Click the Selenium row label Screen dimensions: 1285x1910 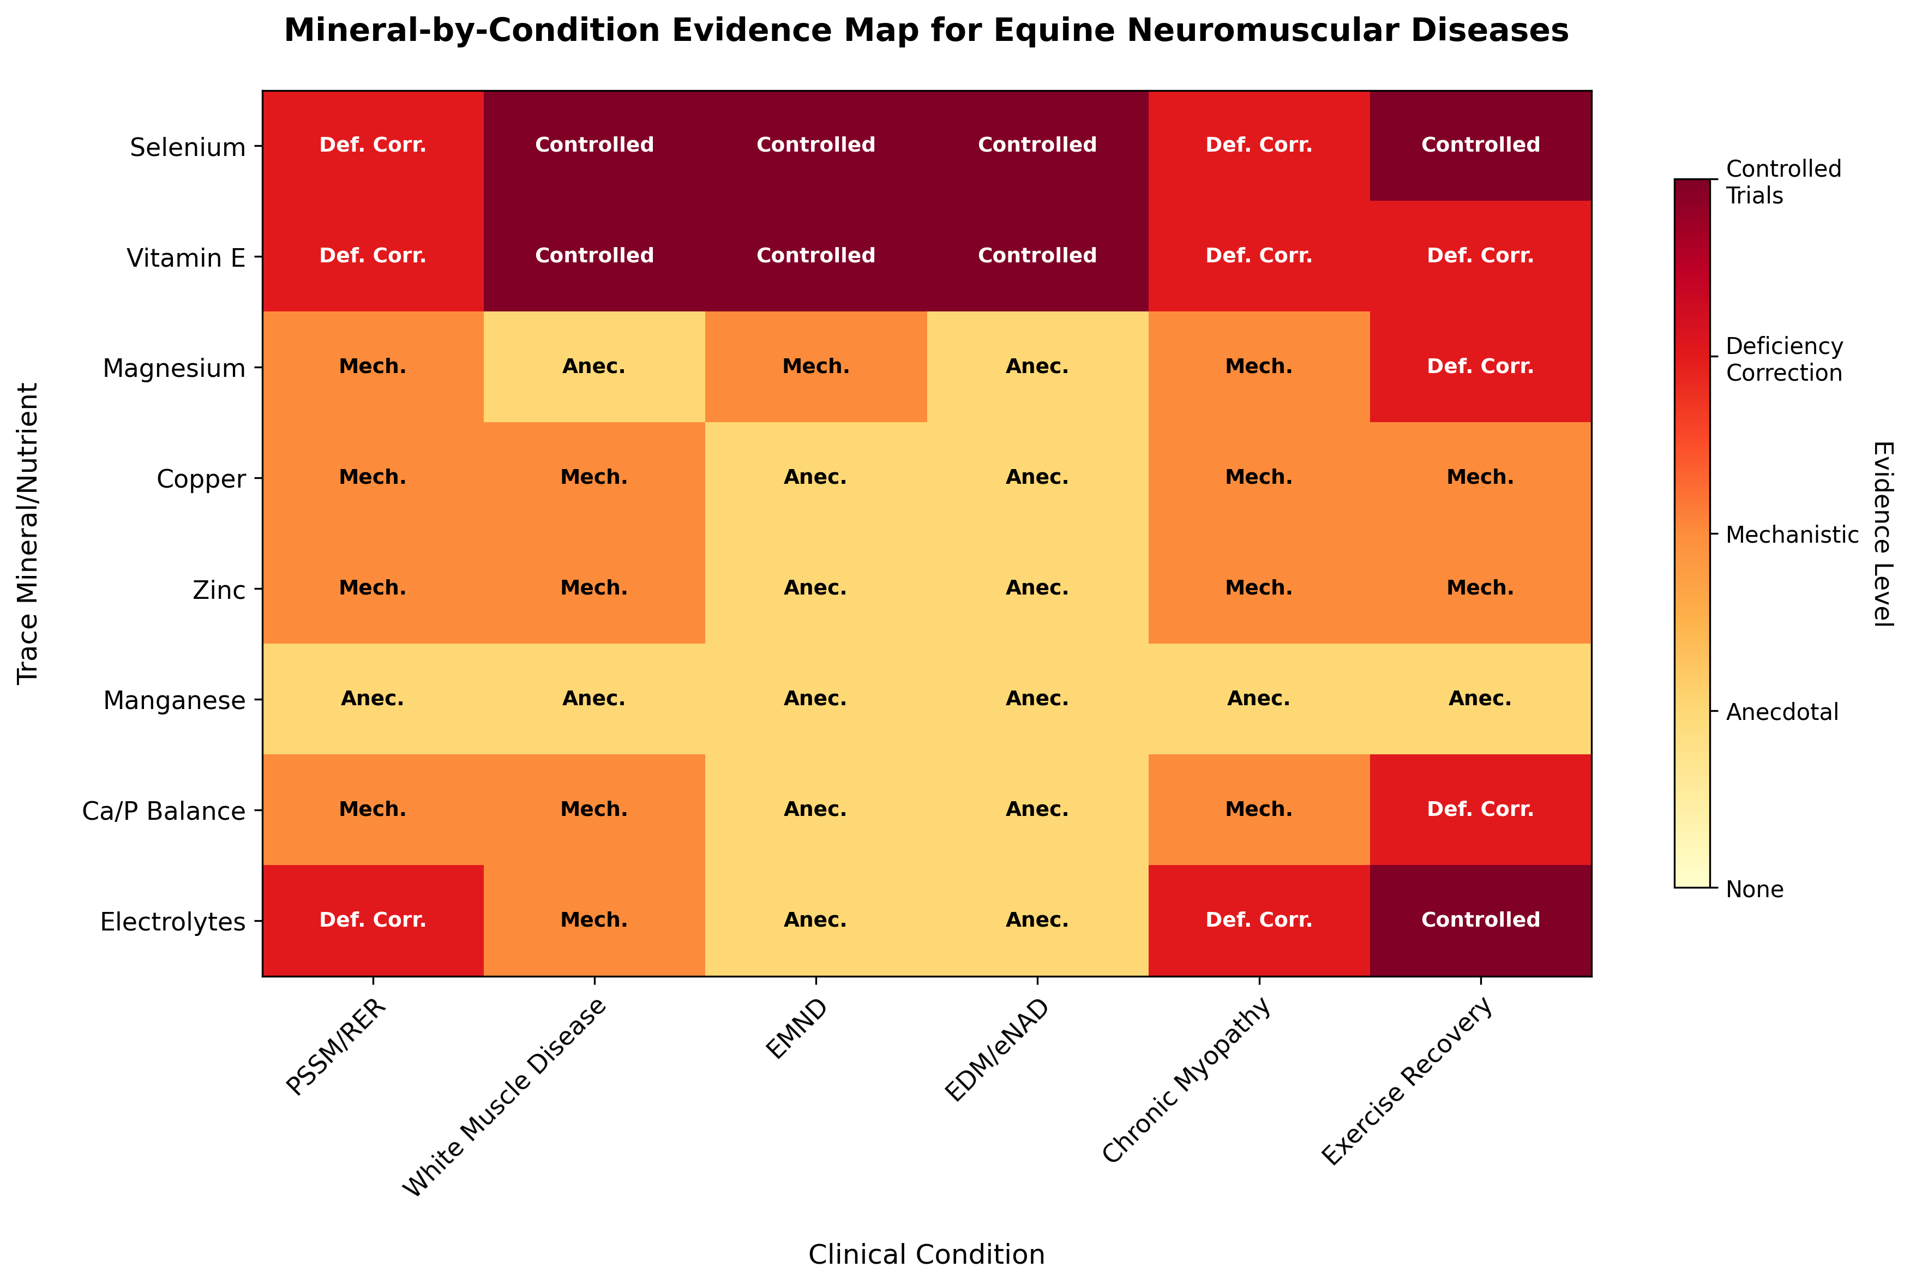(x=188, y=147)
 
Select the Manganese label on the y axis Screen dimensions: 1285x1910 (x=174, y=701)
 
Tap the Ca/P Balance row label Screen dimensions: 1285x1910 (x=164, y=812)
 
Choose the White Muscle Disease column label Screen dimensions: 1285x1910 (x=504, y=1098)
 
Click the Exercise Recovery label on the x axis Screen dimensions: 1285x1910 (x=1407, y=1082)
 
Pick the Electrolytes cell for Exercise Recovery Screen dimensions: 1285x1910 (x=1480, y=920)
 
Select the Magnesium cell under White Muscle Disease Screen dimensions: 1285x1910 (x=594, y=367)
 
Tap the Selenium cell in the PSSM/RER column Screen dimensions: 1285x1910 (x=373, y=146)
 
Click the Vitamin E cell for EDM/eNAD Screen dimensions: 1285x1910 (x=1037, y=256)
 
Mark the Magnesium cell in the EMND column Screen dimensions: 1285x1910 (x=816, y=367)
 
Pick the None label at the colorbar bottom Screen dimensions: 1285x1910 (x=1755, y=889)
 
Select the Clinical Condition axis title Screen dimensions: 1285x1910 (x=926, y=1254)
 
